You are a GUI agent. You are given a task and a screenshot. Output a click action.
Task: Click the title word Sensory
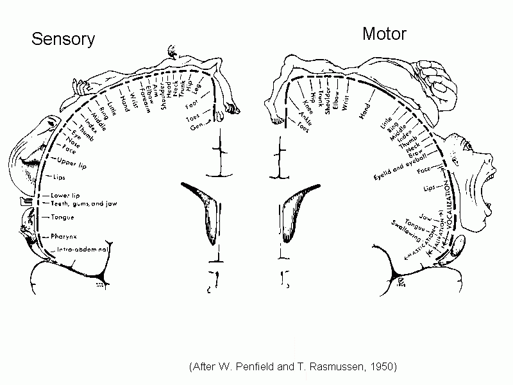pyautogui.click(x=63, y=39)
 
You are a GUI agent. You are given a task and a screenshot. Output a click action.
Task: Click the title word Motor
pyautogui.click(x=384, y=33)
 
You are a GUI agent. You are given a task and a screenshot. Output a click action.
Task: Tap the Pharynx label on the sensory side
pyautogui.click(x=65, y=236)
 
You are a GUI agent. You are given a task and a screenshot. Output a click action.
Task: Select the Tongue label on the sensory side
pyautogui.click(x=62, y=218)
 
